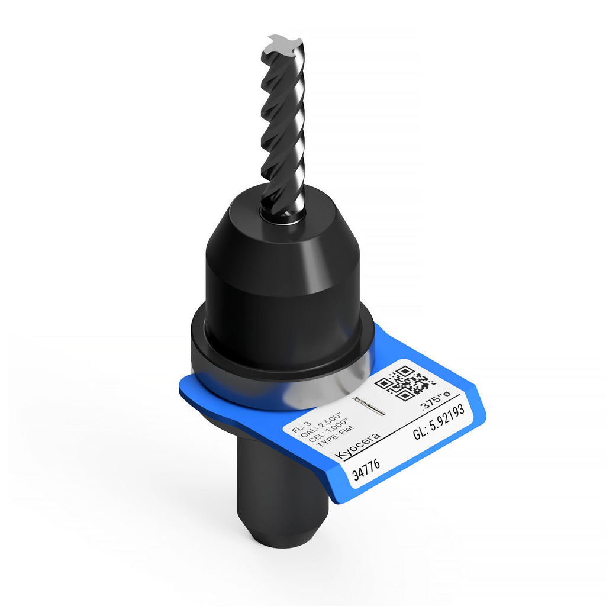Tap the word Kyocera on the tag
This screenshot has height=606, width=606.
point(357,446)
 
